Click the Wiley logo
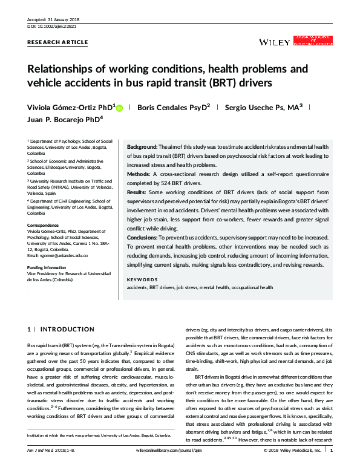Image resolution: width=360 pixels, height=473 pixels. point(273,42)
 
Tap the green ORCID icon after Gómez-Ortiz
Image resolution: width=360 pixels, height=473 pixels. point(119,108)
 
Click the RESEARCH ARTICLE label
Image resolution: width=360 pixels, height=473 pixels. point(58,42)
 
